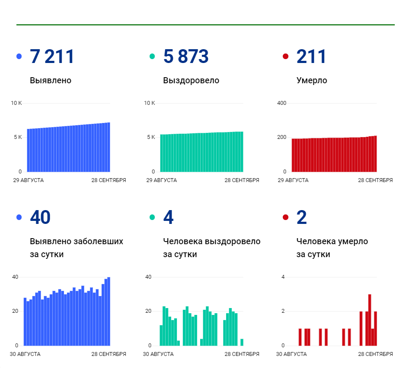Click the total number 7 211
tap(52, 57)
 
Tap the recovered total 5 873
tap(185, 57)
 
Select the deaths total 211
tap(311, 57)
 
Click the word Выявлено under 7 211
tap(51, 80)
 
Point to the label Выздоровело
tap(191, 81)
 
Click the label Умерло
tap(312, 81)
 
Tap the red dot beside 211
tap(286, 57)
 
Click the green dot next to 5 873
tap(152, 57)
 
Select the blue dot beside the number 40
tap(19, 217)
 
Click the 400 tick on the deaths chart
tap(282, 103)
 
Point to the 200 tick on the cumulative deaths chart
tap(282, 137)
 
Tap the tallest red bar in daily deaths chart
tap(370, 320)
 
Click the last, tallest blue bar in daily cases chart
tap(109, 311)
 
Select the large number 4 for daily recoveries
tap(168, 217)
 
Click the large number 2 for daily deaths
tap(302, 217)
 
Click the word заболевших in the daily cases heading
tap(99, 241)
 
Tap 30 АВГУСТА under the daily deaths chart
tap(291, 354)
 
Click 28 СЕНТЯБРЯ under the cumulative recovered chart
tap(242, 180)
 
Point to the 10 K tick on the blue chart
tap(16, 103)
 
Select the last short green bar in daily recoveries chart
tap(242, 342)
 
